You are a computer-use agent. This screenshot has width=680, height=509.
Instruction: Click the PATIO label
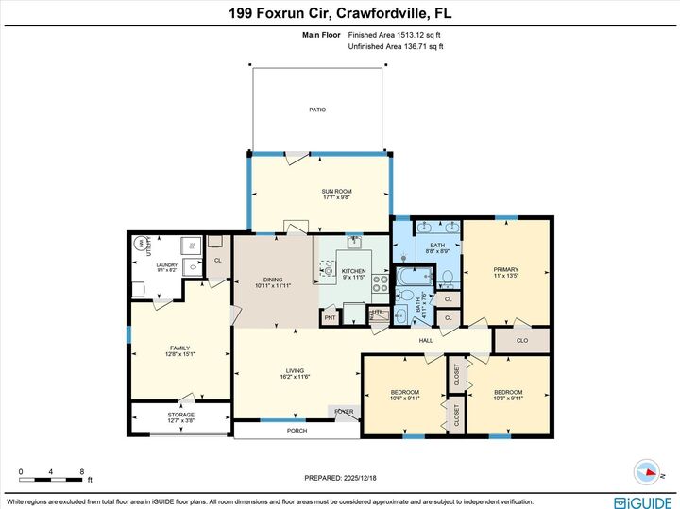point(317,110)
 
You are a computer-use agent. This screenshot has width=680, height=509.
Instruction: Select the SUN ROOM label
point(336,195)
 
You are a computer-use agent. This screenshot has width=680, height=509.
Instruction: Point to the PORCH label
point(297,431)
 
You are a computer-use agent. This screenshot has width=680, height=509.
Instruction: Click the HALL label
point(426,340)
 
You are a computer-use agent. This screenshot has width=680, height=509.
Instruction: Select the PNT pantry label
point(330,318)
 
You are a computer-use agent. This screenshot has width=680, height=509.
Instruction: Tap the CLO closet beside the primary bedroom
point(522,340)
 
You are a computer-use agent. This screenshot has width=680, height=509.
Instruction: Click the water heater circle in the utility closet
point(142,243)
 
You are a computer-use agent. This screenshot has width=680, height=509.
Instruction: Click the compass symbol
point(647,470)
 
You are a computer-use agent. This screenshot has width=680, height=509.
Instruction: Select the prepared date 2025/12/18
point(340,478)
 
